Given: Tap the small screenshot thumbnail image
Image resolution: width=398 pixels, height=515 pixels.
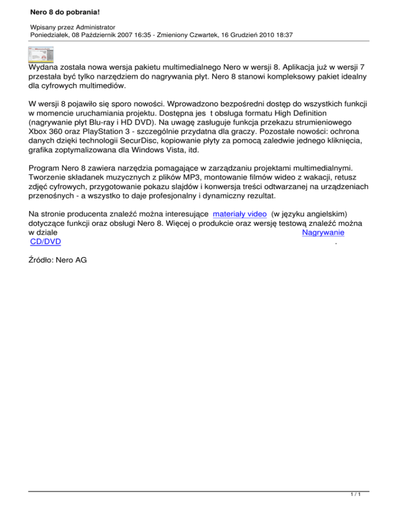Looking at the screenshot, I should click(x=41, y=54).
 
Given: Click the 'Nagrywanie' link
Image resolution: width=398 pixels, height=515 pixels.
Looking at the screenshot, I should click(x=323, y=233).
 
